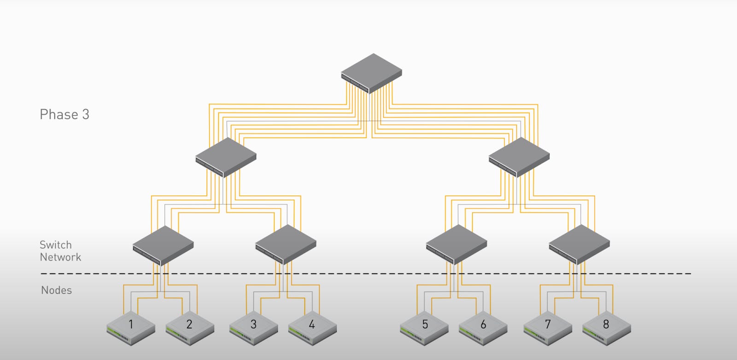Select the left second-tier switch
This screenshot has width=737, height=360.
click(226, 157)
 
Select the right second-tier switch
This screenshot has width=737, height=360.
click(519, 157)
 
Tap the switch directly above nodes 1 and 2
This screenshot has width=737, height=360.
click(163, 245)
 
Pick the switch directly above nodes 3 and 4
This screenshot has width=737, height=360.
click(286, 244)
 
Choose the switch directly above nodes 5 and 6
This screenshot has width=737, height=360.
click(456, 244)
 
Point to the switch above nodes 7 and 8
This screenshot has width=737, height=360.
click(579, 244)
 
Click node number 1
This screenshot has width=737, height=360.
click(131, 328)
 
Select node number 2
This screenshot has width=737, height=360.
click(189, 328)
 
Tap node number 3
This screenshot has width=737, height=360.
click(253, 328)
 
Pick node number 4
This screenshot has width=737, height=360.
click(312, 328)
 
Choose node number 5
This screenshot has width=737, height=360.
click(425, 328)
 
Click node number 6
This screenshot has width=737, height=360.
click(483, 328)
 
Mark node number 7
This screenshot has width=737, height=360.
click(548, 328)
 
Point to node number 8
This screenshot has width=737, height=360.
click(606, 328)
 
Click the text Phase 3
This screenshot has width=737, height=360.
click(64, 115)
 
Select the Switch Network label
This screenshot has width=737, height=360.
click(60, 251)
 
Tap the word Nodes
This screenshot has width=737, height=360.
click(56, 290)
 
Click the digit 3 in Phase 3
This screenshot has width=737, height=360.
click(86, 115)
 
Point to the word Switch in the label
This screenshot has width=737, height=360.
click(56, 245)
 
